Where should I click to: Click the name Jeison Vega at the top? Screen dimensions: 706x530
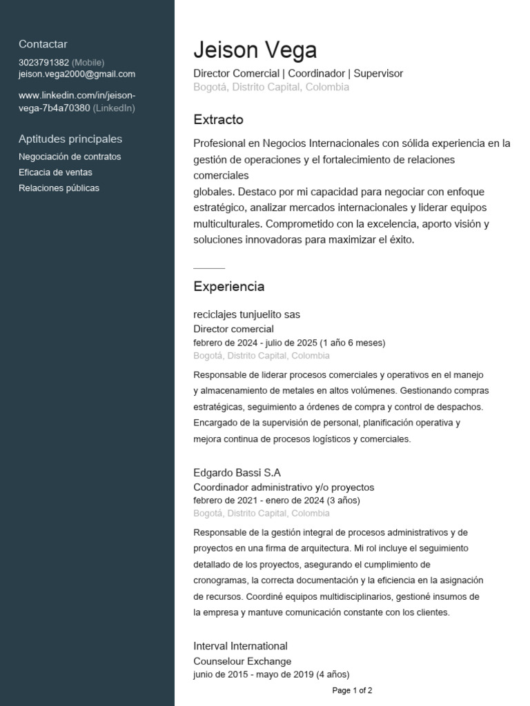point(255,50)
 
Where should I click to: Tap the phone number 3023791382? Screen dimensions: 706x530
point(44,62)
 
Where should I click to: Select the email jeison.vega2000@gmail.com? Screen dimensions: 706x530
point(77,74)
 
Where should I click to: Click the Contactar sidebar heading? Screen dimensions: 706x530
point(43,44)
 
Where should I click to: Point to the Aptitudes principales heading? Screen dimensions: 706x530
point(70,139)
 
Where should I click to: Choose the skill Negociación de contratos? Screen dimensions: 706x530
point(70,157)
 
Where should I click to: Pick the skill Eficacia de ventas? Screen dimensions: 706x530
point(55,172)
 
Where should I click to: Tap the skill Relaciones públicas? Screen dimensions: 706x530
point(59,188)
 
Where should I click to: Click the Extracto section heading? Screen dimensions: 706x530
point(218,119)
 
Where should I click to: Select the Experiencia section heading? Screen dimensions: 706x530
point(228,286)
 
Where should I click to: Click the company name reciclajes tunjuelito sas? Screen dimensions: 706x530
point(246,314)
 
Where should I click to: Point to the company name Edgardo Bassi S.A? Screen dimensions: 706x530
point(237,472)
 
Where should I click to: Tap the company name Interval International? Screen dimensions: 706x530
point(240,646)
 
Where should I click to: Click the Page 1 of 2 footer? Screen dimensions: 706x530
point(352,690)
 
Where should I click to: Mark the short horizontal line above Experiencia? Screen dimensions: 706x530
point(209,268)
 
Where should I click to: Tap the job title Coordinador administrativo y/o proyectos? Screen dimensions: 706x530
point(284,487)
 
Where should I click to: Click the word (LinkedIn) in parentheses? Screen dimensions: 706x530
point(114,108)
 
